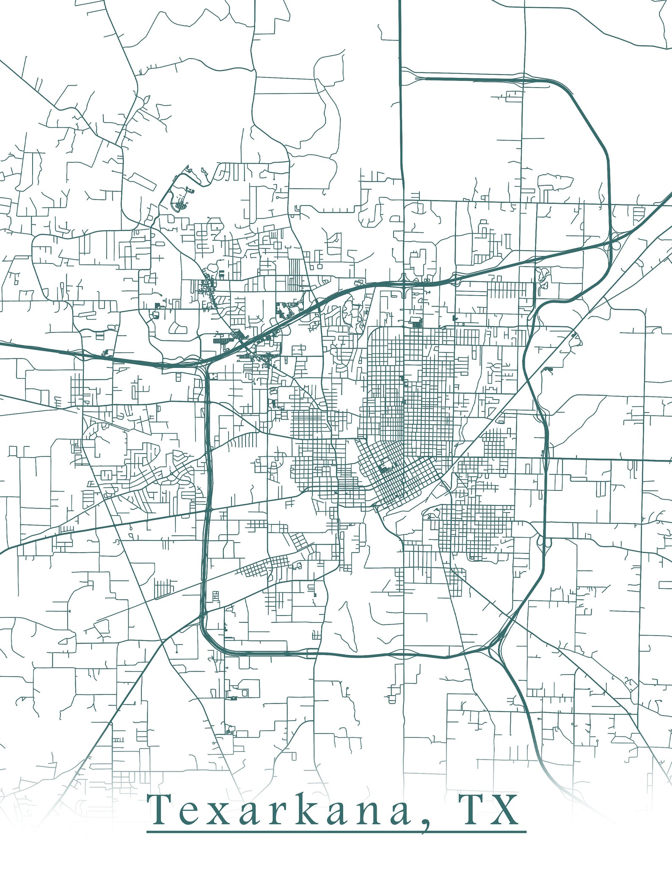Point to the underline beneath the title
pyautogui.click(x=336, y=832)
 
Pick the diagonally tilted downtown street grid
pyautogui.click(x=396, y=474)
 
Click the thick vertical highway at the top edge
pyautogui.click(x=400, y=25)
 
